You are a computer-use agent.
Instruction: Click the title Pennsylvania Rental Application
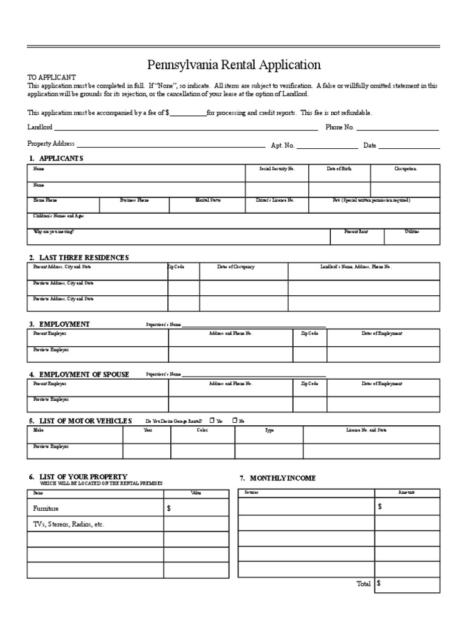(234, 65)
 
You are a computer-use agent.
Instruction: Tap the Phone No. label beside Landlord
(339, 128)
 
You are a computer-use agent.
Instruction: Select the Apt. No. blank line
(327, 146)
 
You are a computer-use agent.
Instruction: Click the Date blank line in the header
(409, 146)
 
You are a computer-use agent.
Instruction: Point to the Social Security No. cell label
(277, 169)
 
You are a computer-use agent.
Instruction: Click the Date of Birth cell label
(339, 169)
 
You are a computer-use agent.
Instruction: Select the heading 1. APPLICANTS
(55, 159)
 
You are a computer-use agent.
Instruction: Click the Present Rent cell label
(356, 232)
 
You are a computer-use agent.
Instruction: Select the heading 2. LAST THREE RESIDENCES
(78, 258)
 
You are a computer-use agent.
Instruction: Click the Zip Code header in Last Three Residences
(176, 267)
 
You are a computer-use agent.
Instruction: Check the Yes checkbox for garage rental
(211, 420)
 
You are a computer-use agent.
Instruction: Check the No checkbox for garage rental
(234, 420)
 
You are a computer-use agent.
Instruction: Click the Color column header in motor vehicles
(202, 430)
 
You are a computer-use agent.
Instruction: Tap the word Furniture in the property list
(46, 508)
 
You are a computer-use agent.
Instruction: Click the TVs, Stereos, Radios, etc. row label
(69, 524)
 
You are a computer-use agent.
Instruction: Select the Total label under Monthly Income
(363, 584)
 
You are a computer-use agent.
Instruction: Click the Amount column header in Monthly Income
(406, 493)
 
